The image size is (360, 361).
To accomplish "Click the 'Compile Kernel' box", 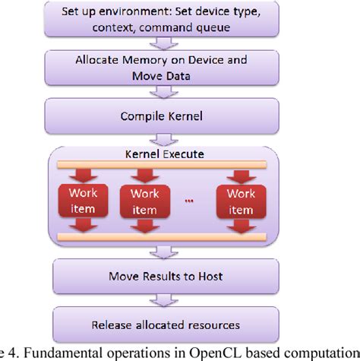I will pos(156,118).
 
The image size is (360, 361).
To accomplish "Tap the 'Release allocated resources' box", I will pos(156,325).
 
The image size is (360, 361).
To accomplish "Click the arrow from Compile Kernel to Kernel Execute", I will pos(156,140).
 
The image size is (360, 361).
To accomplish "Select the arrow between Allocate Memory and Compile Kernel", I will pos(156,93).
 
